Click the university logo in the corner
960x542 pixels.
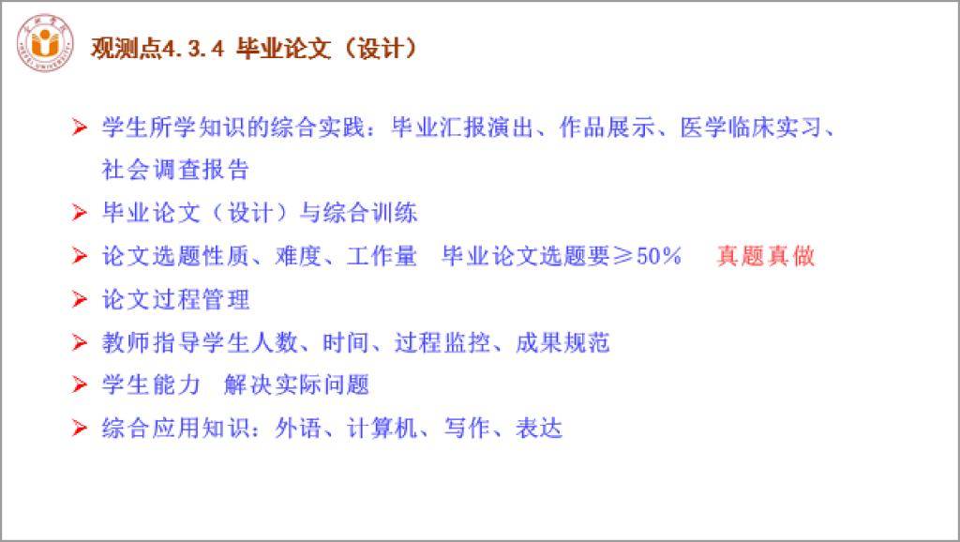click(45, 43)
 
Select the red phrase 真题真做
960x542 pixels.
click(765, 256)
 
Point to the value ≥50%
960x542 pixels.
click(647, 256)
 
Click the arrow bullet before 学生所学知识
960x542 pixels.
click(79, 128)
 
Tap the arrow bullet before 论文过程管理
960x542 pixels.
click(79, 299)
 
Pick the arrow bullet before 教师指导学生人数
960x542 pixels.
click(79, 342)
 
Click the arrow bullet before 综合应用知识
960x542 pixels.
click(79, 429)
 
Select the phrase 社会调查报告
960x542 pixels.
click(175, 170)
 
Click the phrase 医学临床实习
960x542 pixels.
click(751, 128)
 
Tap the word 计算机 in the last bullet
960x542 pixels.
click(382, 429)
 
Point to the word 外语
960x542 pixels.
click(298, 429)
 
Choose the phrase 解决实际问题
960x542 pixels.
click(296, 385)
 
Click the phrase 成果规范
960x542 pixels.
click(562, 342)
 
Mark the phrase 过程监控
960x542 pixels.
click(442, 342)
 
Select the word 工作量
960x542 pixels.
click(382, 256)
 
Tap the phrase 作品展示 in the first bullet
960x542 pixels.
click(607, 128)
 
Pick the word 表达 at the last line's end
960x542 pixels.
click(539, 429)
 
